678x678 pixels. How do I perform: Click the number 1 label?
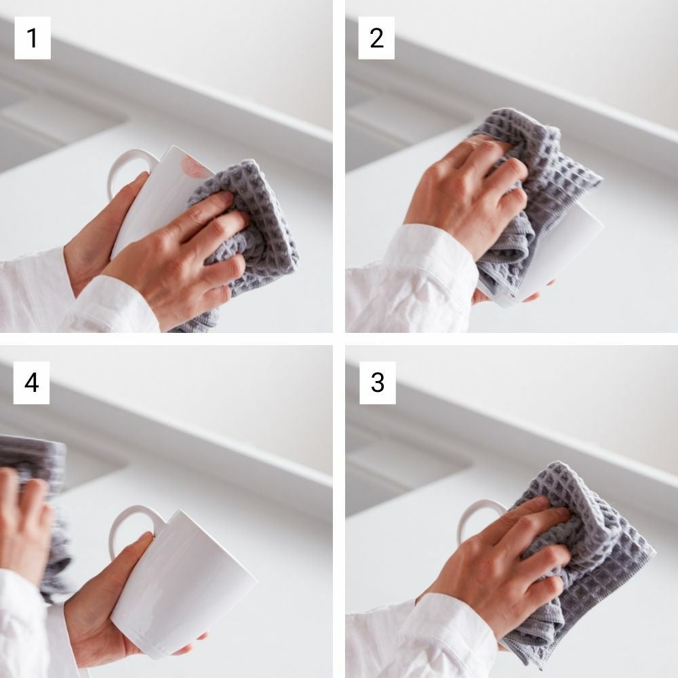click(33, 38)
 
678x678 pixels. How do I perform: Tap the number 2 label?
click(376, 38)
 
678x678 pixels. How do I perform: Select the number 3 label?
click(378, 382)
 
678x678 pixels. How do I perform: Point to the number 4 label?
click(32, 382)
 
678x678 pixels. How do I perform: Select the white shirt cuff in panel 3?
click(454, 636)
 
